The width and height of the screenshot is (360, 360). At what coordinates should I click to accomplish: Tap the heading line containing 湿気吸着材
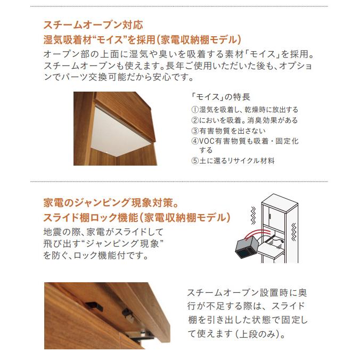point(142,39)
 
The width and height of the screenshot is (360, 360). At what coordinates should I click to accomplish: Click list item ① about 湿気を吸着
point(244,109)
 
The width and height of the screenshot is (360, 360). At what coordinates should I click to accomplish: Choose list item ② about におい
point(244,120)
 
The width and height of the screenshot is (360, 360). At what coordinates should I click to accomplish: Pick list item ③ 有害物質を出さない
point(228,130)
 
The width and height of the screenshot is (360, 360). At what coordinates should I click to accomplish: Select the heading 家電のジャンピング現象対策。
point(114,203)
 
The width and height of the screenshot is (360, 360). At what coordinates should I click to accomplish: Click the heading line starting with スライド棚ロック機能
point(137,218)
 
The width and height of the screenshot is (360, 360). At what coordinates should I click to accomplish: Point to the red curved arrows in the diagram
point(266,235)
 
